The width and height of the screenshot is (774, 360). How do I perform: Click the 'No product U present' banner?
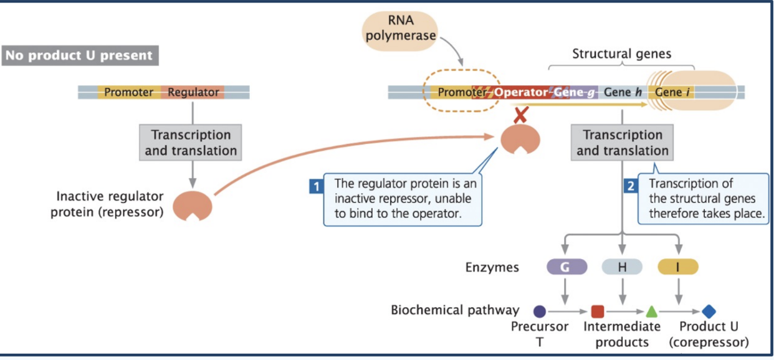(x=80, y=55)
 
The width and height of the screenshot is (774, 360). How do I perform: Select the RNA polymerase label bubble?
(x=400, y=29)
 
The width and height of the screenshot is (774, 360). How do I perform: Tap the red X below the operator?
(x=520, y=116)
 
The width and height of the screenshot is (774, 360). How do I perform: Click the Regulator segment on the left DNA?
(x=193, y=92)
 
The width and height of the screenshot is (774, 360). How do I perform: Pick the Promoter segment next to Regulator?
(x=128, y=92)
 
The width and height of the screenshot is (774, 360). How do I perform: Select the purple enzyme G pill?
(x=566, y=267)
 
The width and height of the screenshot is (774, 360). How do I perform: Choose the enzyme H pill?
(x=621, y=267)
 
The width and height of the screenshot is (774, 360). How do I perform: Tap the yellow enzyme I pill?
(x=678, y=267)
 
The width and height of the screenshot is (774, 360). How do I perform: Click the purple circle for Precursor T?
(x=540, y=311)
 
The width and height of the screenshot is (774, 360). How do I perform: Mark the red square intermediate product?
(x=597, y=311)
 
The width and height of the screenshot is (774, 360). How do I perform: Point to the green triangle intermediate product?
(x=651, y=311)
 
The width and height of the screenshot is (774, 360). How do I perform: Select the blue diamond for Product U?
(x=709, y=311)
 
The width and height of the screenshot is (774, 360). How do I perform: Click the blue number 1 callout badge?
(x=317, y=185)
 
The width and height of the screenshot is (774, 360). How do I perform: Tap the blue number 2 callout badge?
(x=630, y=185)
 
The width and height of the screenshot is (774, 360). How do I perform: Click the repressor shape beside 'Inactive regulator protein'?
(x=193, y=206)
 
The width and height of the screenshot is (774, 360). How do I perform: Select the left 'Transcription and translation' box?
(x=191, y=143)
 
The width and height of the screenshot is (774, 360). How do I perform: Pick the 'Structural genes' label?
(x=621, y=54)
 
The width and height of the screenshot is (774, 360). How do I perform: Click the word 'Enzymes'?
(x=492, y=267)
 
